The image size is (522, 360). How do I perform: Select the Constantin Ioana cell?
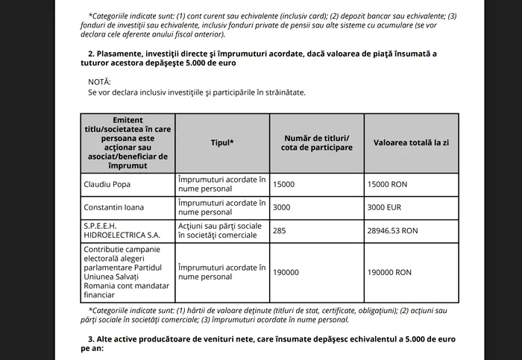(113, 206)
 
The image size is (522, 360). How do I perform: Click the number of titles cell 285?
(280, 230)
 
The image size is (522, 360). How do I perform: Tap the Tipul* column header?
(222, 142)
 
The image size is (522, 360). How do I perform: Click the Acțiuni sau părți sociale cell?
(221, 230)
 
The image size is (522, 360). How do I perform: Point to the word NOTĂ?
(99, 80)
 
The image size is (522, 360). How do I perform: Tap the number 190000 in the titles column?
(286, 272)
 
